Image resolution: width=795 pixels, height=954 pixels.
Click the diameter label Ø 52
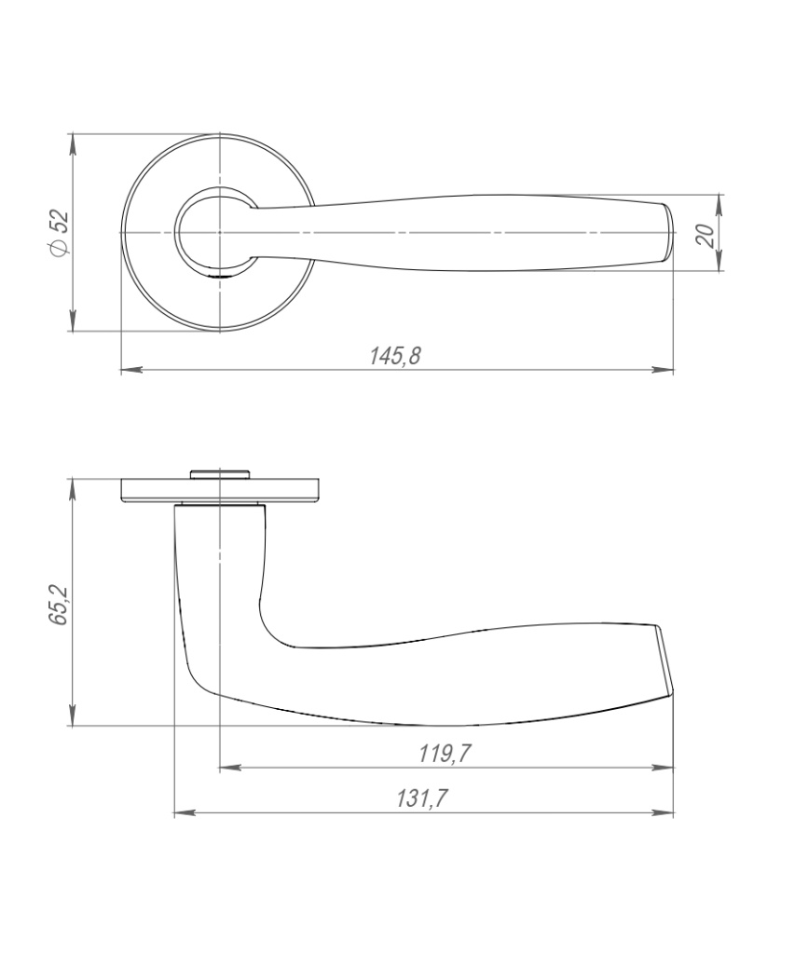pos(61,232)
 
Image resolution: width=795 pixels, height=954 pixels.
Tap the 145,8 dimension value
pos(396,356)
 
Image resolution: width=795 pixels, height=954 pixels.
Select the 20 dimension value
pos(705,235)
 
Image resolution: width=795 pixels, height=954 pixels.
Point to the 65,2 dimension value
pos(59,606)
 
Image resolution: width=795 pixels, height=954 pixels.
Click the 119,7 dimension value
pos(445,754)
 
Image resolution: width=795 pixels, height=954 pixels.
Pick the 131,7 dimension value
pos(422,798)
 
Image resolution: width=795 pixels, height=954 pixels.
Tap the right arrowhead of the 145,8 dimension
pos(663,369)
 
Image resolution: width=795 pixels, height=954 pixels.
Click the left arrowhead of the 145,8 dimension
pos(131,369)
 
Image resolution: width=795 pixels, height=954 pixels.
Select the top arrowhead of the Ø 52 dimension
pos(73,143)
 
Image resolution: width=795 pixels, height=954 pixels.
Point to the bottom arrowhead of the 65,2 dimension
pos(73,715)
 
